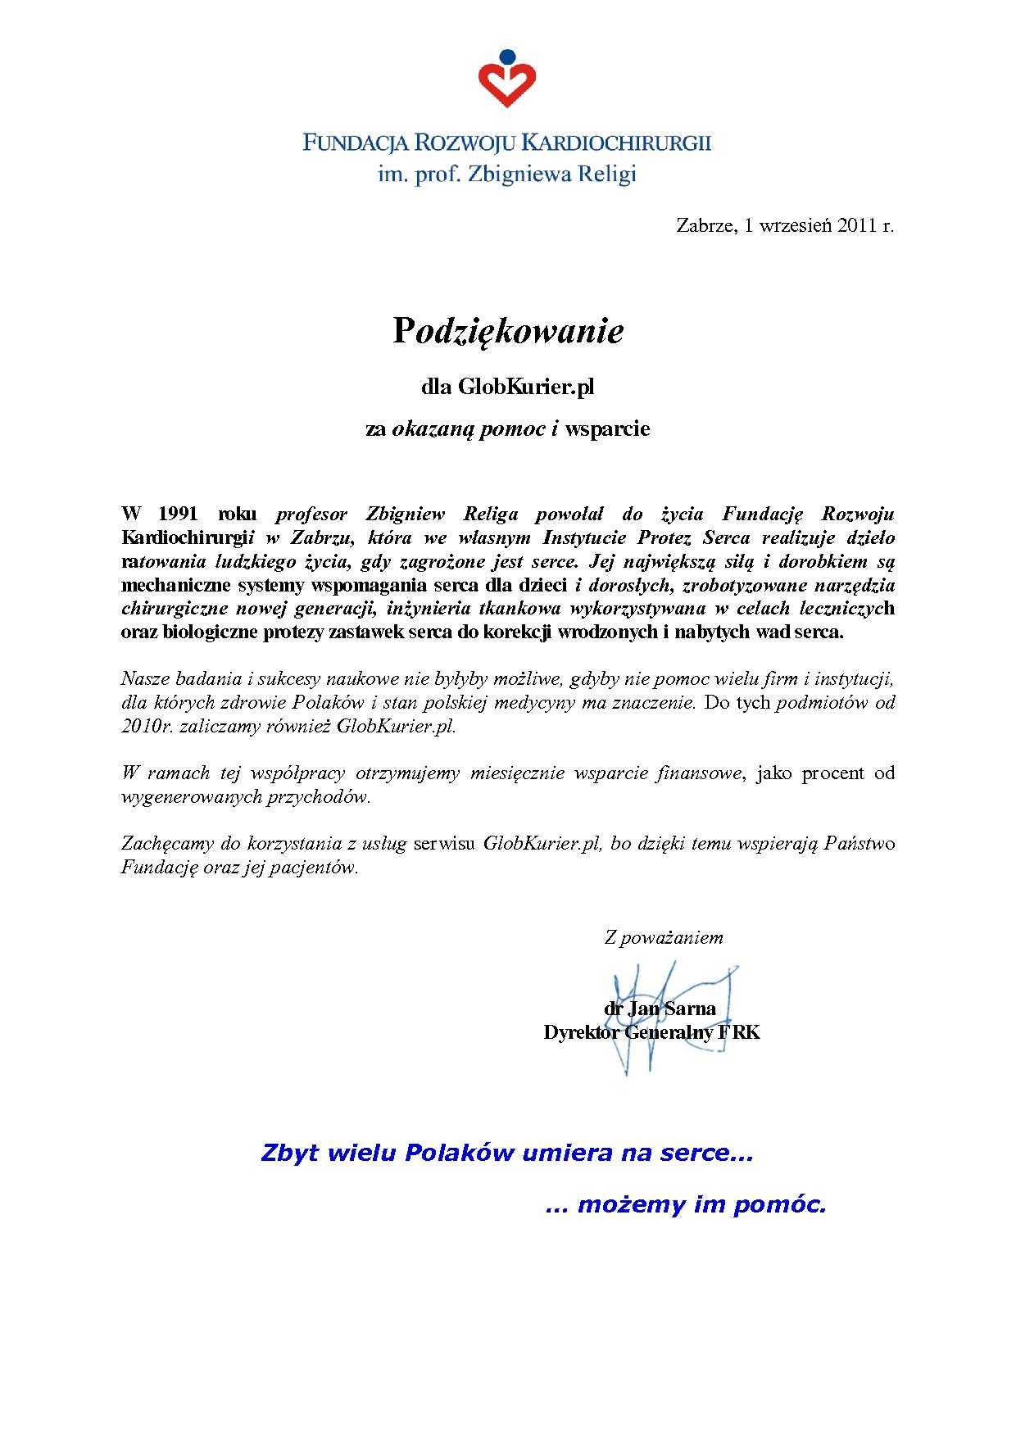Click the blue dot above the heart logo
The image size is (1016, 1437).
coord(507,58)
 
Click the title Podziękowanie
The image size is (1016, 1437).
coord(508,332)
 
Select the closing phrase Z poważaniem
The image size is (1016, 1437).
coord(663,937)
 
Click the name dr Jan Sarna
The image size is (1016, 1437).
coord(660,1009)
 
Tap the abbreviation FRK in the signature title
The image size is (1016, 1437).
coord(739,1032)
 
